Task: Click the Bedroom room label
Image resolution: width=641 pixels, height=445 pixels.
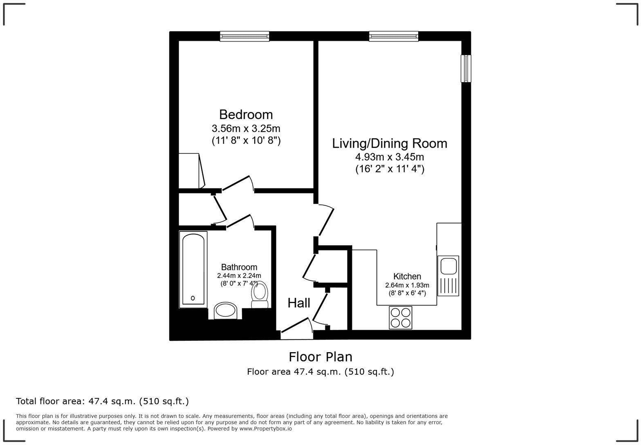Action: pyautogui.click(x=246, y=114)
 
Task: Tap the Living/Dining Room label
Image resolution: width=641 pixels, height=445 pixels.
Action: pyautogui.click(x=389, y=143)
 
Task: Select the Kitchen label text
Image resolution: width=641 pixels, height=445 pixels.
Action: pyautogui.click(x=407, y=276)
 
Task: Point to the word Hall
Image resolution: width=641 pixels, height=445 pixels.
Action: pyautogui.click(x=298, y=303)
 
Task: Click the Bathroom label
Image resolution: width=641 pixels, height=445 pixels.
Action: pyautogui.click(x=239, y=267)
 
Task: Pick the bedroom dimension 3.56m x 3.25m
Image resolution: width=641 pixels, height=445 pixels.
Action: pyautogui.click(x=246, y=128)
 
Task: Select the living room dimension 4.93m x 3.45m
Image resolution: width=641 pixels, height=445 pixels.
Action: pyautogui.click(x=389, y=157)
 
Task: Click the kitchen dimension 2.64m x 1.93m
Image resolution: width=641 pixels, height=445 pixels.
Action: pyautogui.click(x=407, y=285)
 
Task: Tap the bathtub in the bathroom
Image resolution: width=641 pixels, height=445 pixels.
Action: pyautogui.click(x=193, y=269)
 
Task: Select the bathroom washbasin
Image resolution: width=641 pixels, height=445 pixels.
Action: pyautogui.click(x=225, y=311)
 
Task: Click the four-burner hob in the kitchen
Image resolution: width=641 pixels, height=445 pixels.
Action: pyautogui.click(x=400, y=318)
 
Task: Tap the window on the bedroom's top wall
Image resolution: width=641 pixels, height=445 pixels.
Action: pyautogui.click(x=244, y=36)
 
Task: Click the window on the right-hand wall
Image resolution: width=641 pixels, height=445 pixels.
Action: pyautogui.click(x=466, y=68)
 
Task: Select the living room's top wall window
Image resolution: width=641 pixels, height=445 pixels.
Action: pyautogui.click(x=393, y=36)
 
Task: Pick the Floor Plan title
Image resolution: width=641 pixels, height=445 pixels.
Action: pyautogui.click(x=320, y=357)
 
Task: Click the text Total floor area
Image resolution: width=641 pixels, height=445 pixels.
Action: pyautogui.click(x=51, y=401)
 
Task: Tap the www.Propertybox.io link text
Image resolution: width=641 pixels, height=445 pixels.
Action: pyautogui.click(x=265, y=429)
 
